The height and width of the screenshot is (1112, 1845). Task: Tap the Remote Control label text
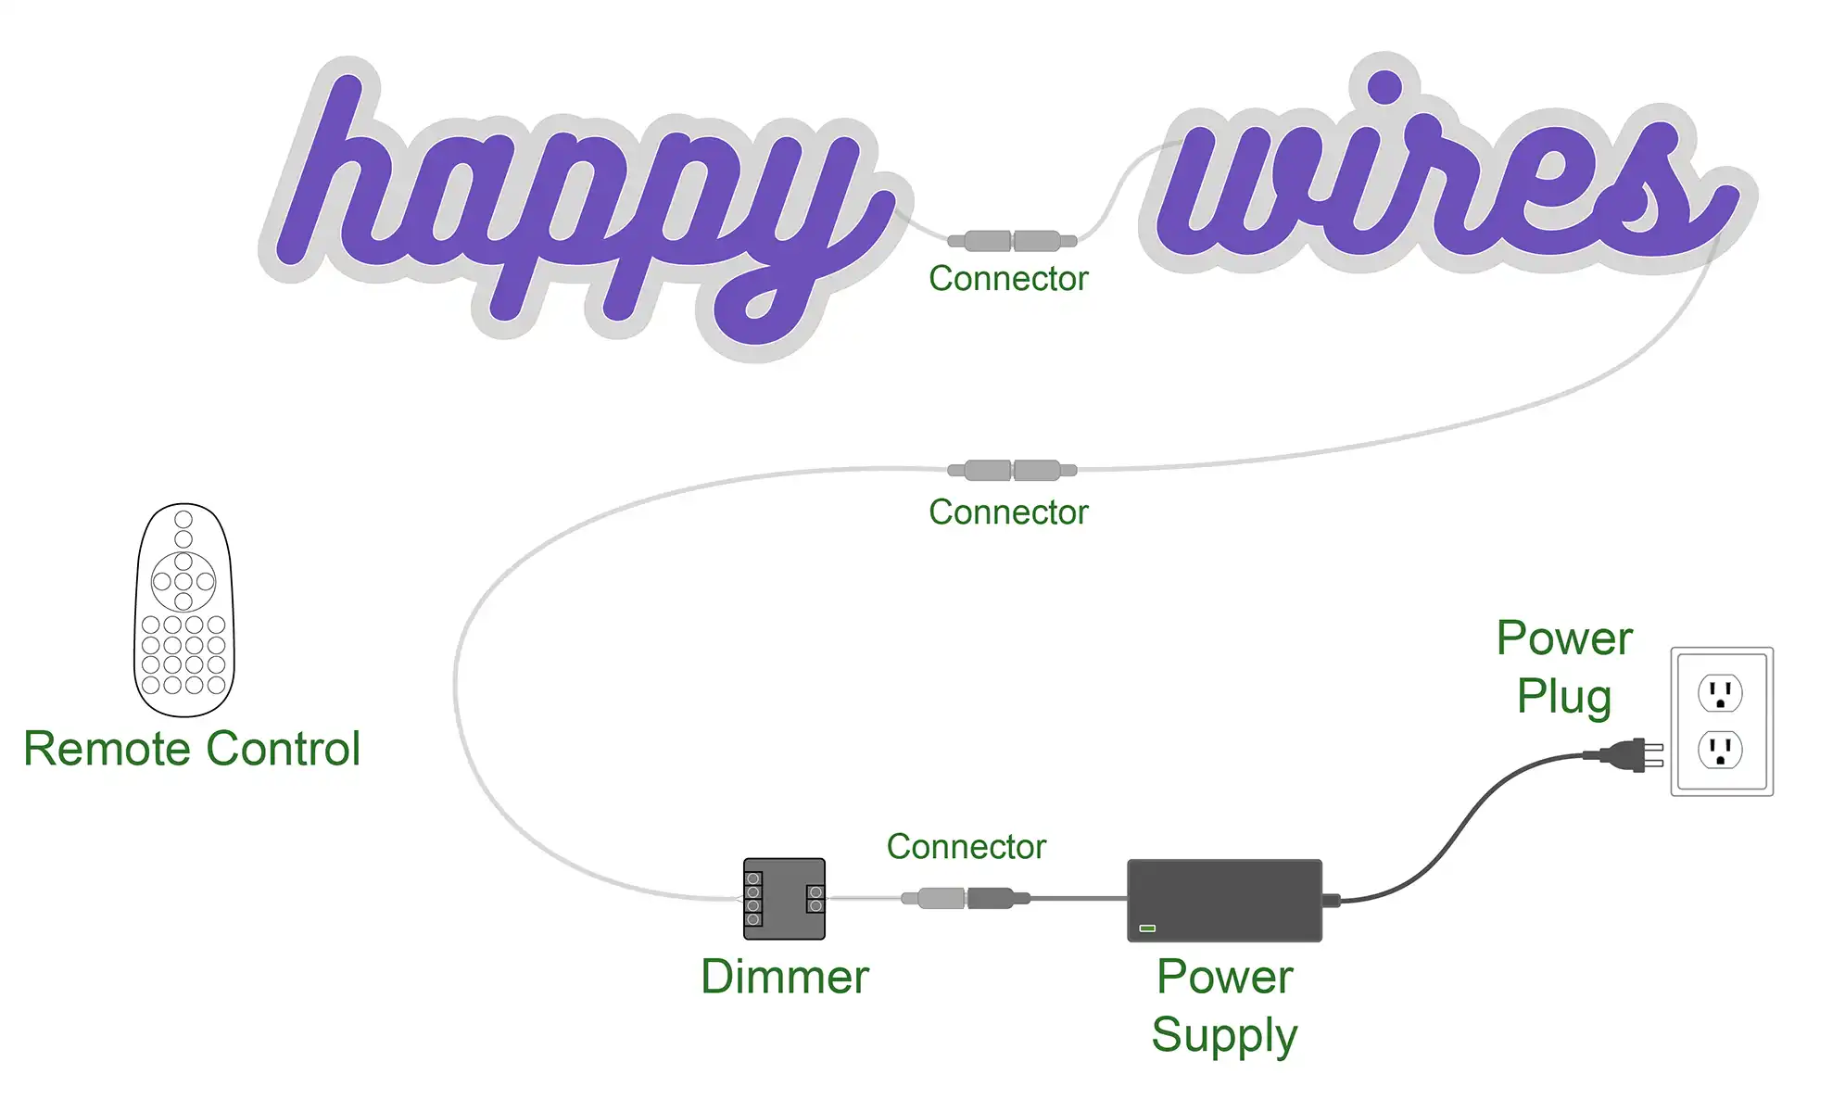coord(192,749)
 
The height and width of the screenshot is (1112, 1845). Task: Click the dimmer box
coord(784,899)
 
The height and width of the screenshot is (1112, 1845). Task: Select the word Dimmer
coord(784,977)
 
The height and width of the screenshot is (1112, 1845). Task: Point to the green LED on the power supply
coord(1147,928)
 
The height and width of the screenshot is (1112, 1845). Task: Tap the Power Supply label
coord(1224,1005)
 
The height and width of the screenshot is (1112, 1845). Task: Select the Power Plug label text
coord(1564,667)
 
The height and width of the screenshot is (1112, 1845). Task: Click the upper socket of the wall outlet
coord(1720,693)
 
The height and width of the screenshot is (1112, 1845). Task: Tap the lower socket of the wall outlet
coord(1720,750)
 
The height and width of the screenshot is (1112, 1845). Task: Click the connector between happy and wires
coord(1012,242)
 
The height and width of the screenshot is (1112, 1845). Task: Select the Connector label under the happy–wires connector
coord(1008,279)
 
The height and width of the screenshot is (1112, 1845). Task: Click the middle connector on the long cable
coord(1012,471)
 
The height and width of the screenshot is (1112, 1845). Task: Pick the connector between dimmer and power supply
coord(966,898)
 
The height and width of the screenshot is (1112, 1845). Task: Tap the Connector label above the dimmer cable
coord(966,847)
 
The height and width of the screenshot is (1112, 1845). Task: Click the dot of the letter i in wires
coord(1384,86)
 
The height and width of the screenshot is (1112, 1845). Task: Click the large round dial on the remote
coord(183,582)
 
